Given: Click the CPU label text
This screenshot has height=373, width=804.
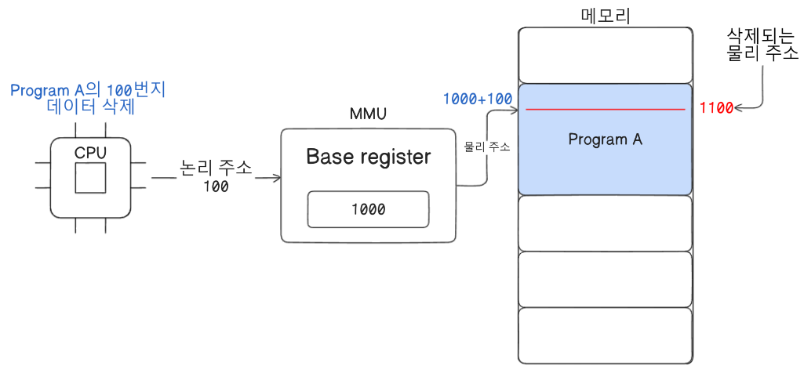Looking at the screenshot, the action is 90,153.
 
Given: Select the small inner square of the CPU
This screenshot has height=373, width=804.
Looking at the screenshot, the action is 91,178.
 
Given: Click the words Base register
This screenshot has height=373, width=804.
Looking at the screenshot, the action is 368,158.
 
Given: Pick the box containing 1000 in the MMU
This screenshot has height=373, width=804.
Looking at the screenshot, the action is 368,209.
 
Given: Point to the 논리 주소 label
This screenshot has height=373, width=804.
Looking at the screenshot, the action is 216,168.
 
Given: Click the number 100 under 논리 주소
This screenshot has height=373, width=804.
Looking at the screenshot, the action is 216,186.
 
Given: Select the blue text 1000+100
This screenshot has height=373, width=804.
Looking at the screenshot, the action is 478,99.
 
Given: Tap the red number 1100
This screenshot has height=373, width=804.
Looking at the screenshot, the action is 716,109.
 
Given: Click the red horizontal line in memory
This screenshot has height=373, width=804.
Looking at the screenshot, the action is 606,109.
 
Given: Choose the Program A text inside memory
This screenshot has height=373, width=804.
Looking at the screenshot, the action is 605,139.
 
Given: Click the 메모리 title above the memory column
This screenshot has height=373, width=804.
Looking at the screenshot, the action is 606,16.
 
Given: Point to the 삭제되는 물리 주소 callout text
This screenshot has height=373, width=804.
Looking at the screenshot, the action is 762,45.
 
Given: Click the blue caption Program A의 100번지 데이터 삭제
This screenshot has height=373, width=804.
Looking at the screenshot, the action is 88,99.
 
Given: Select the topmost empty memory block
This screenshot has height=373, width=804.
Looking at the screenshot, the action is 605,56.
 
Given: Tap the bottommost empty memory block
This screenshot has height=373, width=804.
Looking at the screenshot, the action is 605,335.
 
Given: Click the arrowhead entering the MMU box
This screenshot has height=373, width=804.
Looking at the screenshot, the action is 278,178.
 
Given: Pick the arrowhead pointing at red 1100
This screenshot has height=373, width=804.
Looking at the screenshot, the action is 737,108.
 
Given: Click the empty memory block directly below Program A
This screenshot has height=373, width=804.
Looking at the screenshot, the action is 605,223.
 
